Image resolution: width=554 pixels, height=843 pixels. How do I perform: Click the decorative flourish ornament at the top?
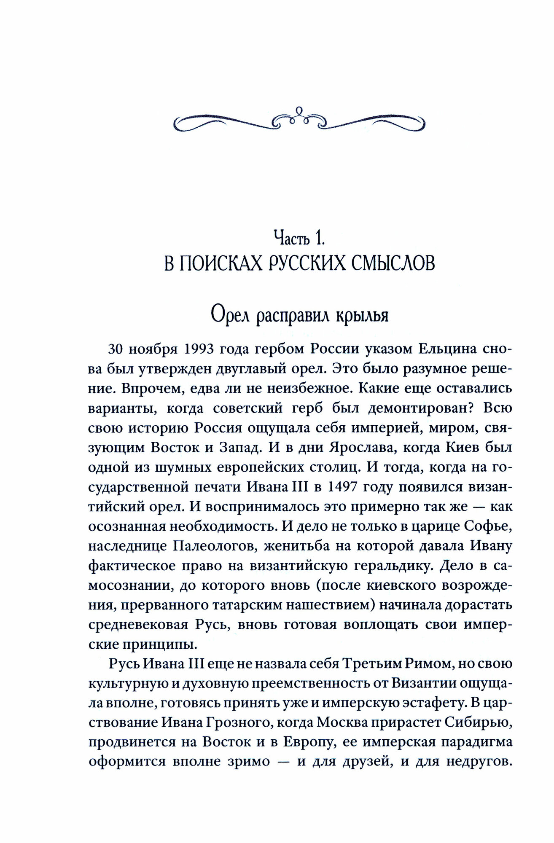299,118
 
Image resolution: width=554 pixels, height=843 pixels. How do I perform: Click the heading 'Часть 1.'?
299,239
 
